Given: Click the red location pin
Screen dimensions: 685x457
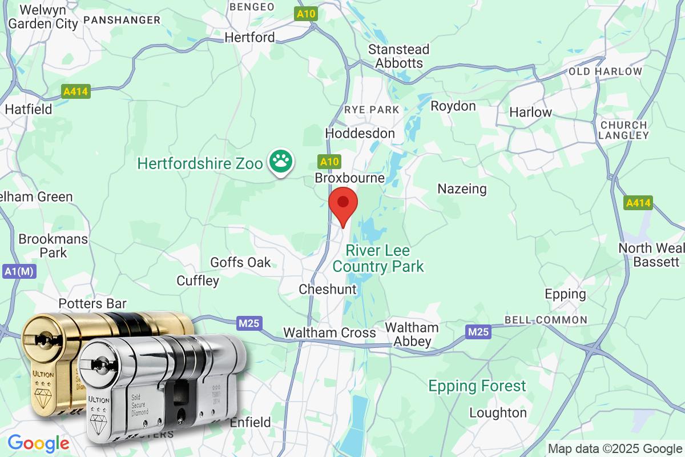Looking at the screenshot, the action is click(343, 204).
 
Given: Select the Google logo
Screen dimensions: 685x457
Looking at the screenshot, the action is click(38, 443).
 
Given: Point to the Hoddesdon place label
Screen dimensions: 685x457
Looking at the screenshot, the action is click(360, 133).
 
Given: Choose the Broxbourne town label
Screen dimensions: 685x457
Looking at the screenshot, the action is click(349, 178).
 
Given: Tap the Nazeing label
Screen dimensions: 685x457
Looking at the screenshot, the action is click(462, 189).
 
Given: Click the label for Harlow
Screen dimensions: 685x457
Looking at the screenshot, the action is click(530, 112).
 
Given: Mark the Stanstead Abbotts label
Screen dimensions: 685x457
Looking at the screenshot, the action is click(398, 56).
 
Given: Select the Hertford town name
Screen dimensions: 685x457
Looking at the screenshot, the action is click(250, 38).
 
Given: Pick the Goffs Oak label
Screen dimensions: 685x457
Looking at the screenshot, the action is click(240, 263).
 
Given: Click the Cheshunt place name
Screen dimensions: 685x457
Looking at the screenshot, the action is click(328, 290).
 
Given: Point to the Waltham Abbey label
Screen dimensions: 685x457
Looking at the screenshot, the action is click(411, 334).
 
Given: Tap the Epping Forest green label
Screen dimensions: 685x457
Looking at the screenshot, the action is click(477, 386).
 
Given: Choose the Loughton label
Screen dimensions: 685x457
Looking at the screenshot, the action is click(498, 412).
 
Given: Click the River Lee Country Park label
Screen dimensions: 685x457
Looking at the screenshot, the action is click(378, 259).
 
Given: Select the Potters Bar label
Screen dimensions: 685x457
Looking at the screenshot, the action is click(92, 303).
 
